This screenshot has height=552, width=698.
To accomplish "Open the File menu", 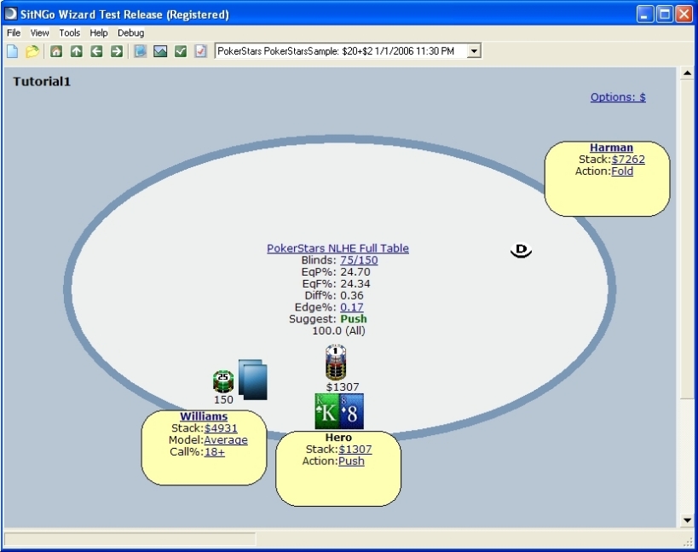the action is (14, 33).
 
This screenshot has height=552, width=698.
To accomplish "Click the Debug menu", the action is (131, 33).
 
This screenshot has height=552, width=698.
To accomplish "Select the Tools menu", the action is (69, 33).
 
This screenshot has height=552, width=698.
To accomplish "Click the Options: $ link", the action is (618, 97).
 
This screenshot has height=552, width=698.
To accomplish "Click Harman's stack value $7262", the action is (628, 160).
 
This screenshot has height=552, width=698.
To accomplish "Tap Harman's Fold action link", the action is (622, 171).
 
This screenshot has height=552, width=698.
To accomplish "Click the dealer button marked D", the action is (521, 250).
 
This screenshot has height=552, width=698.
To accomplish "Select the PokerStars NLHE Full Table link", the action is (337, 248).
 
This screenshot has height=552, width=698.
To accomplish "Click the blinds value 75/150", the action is (359, 260).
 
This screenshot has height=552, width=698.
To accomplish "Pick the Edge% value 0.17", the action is (352, 307).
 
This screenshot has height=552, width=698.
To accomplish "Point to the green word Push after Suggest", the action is (354, 319).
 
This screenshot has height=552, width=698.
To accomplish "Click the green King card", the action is (327, 411).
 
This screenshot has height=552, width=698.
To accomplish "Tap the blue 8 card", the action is (352, 411).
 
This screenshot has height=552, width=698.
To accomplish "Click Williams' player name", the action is (204, 416).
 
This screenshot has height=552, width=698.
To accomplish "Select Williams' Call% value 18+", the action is (215, 452).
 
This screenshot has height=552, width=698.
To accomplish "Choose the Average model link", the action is (226, 440).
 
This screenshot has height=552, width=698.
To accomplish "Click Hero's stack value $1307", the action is (355, 449).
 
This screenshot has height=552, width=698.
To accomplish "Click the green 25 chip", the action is (223, 381).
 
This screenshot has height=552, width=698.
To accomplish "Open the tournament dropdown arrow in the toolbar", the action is (474, 51).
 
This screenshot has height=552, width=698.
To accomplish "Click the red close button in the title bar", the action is (684, 15).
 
